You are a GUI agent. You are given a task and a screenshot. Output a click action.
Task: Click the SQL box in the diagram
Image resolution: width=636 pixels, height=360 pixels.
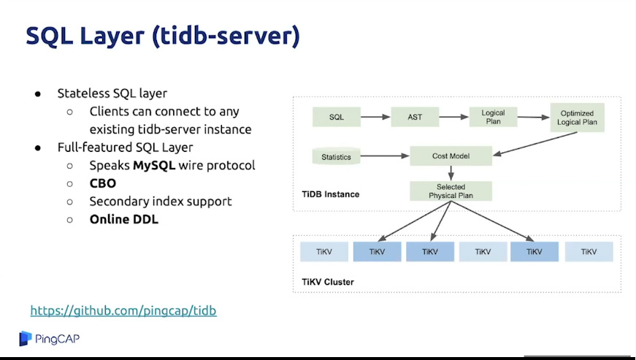(336, 117)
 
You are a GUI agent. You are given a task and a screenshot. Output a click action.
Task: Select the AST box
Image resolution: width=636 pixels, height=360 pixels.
(415, 117)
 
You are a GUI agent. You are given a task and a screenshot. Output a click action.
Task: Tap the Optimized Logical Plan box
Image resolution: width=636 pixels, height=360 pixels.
(578, 118)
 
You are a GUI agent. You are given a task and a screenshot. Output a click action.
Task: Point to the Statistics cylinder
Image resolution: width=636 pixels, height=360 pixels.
(336, 156)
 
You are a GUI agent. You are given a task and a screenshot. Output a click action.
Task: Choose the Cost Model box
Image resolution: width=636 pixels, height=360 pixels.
(451, 156)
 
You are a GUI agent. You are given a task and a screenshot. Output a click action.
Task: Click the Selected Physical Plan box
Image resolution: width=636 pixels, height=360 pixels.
(451, 191)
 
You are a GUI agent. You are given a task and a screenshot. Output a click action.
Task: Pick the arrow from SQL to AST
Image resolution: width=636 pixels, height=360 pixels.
(375, 117)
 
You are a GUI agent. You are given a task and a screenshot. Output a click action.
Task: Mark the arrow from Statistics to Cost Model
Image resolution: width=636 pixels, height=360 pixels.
(384, 156)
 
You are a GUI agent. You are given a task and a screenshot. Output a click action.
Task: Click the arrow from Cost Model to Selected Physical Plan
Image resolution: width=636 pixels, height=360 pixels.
(451, 173)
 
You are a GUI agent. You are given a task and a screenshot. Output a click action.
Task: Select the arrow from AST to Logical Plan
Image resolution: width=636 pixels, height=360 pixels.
(453, 117)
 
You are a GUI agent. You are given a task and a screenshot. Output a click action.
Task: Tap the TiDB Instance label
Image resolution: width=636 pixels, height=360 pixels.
(330, 194)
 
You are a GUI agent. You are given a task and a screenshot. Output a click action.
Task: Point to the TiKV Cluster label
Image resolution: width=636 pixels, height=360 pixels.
(328, 281)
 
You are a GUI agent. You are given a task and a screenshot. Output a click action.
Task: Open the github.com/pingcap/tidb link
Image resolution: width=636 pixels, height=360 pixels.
(123, 311)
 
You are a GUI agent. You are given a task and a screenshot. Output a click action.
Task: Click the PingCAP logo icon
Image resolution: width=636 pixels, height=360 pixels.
(26, 338)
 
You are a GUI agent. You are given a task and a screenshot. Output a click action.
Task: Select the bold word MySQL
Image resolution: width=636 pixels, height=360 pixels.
(154, 166)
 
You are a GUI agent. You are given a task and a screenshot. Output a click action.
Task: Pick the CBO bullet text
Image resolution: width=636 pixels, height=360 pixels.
(103, 183)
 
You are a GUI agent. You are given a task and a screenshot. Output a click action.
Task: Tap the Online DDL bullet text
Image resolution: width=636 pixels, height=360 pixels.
(123, 218)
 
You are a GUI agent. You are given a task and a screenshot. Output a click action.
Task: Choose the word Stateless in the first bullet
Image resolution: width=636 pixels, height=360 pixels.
(83, 93)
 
